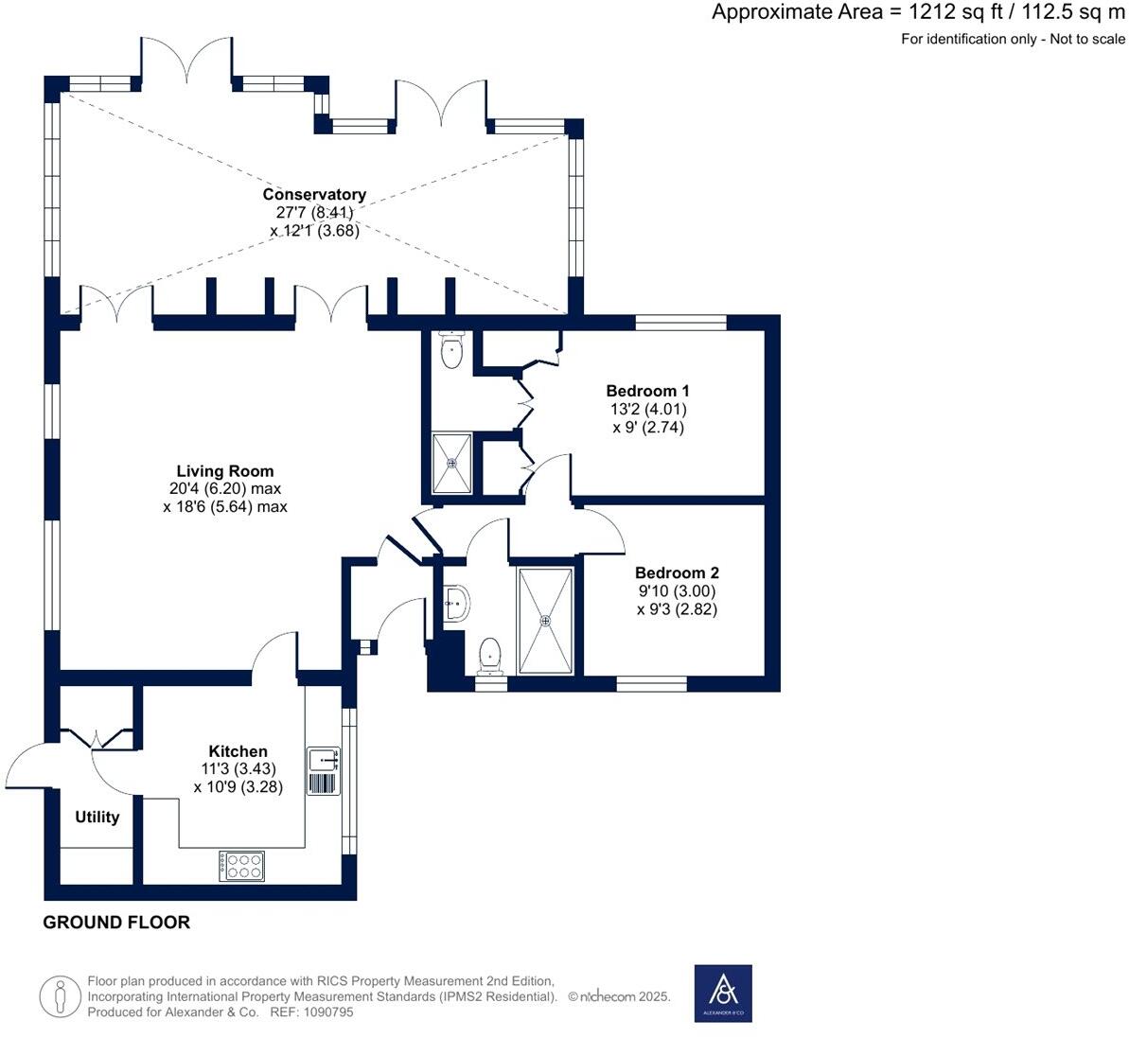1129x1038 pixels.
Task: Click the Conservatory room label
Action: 314,195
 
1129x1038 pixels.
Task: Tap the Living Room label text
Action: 225,471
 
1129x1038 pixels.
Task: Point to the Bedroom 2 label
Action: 677,572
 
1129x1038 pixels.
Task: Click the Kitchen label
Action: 238,751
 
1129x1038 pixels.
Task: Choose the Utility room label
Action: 97,817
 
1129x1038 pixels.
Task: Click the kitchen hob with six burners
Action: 242,866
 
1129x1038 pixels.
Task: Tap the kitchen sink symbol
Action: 323,759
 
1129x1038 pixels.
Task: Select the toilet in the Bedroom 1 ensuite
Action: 452,351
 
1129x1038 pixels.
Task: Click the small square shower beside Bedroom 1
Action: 451,463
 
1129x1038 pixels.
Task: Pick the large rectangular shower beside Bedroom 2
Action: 545,620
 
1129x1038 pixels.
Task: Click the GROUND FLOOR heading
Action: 116,923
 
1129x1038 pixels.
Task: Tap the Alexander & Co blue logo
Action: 723,993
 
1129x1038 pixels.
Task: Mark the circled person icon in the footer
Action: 61,996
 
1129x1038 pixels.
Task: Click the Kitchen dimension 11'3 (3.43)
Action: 238,769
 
